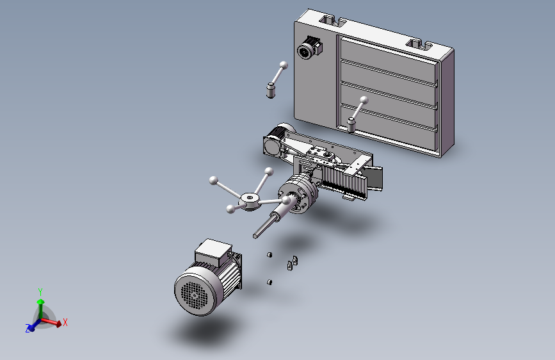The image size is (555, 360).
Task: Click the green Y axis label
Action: point(40,292)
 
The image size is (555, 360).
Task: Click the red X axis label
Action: point(65,322)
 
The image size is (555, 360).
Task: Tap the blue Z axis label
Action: point(28,329)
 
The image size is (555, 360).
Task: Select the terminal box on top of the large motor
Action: point(213,252)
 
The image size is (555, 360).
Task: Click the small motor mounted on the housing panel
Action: point(309,48)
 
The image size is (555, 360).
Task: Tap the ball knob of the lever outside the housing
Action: point(284,65)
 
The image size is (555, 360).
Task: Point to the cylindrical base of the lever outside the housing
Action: point(270,90)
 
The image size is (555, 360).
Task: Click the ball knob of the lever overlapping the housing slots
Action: point(364,101)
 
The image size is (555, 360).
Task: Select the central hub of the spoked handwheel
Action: point(250,202)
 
